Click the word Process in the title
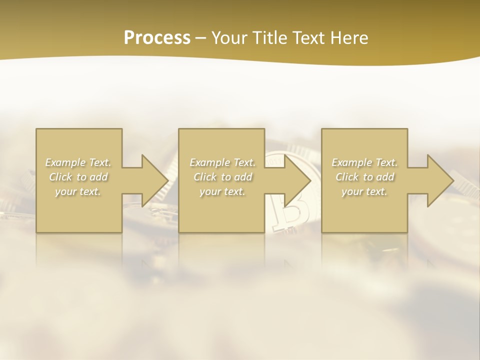coord(157,37)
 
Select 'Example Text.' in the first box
coord(78,162)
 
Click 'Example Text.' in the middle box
coord(222,162)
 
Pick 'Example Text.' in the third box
coord(364,162)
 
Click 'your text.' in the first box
coord(78,191)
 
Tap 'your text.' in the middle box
coord(222,191)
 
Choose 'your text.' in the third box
coord(364,191)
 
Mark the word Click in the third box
coord(347,177)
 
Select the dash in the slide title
coord(201,38)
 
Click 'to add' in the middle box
coord(236,177)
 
